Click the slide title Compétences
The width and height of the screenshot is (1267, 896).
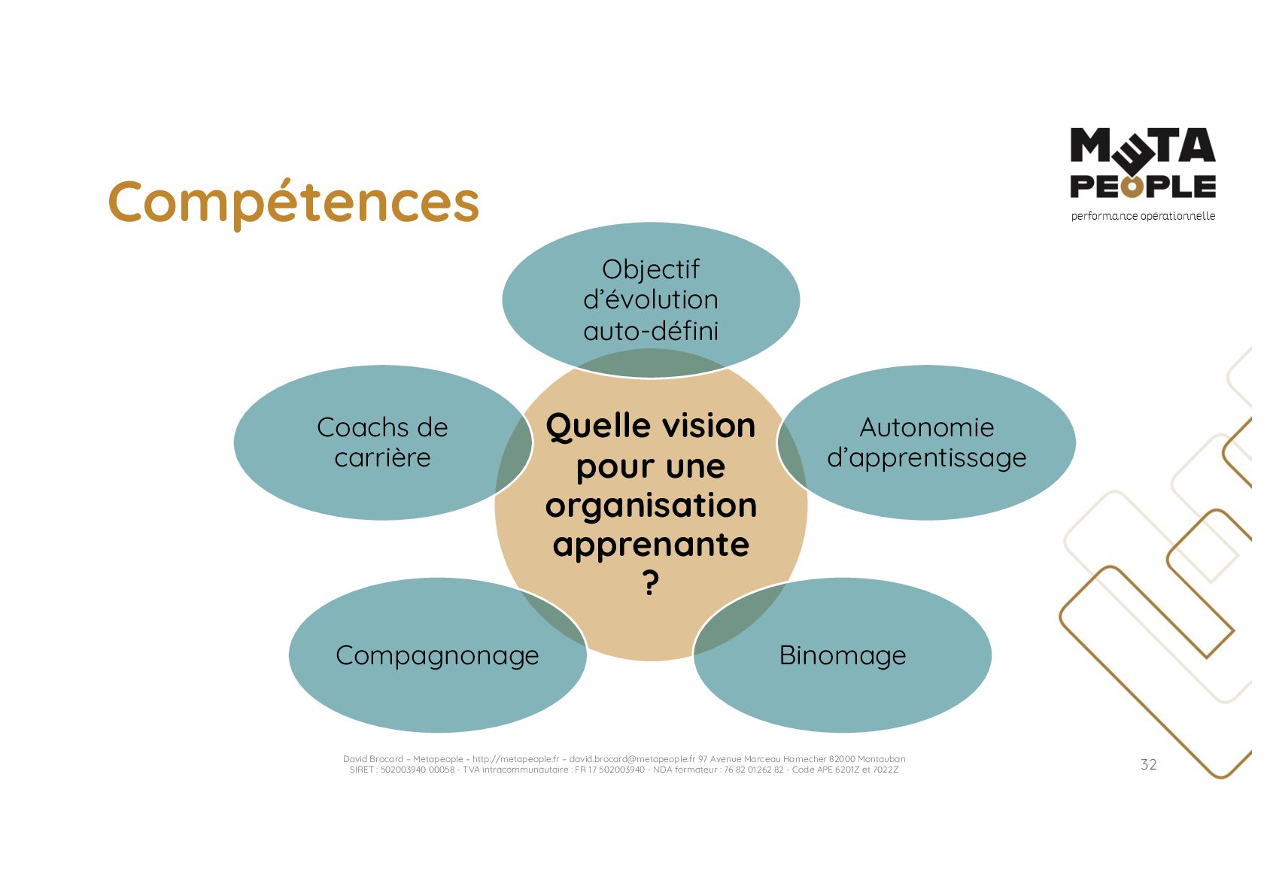click(x=293, y=202)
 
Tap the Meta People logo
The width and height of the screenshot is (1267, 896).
click(x=1142, y=163)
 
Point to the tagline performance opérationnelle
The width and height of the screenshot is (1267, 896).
click(x=1142, y=216)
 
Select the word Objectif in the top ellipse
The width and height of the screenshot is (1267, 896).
click(x=651, y=269)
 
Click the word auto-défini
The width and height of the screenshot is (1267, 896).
click(x=651, y=330)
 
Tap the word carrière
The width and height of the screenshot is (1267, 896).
click(x=382, y=457)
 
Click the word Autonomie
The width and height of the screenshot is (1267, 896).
click(x=926, y=427)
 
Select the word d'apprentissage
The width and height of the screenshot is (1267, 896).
click(x=926, y=458)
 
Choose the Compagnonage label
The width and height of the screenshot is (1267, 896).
click(x=437, y=655)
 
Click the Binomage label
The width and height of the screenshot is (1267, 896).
click(x=842, y=655)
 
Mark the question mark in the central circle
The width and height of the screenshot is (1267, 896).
click(x=651, y=583)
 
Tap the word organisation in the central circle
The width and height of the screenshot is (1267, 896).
click(x=651, y=506)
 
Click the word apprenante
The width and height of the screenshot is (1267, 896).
click(x=651, y=545)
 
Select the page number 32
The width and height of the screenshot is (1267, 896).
click(x=1148, y=764)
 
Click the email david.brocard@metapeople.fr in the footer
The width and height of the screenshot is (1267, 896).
click(x=632, y=759)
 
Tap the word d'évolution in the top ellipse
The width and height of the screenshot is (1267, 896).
click(x=651, y=299)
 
